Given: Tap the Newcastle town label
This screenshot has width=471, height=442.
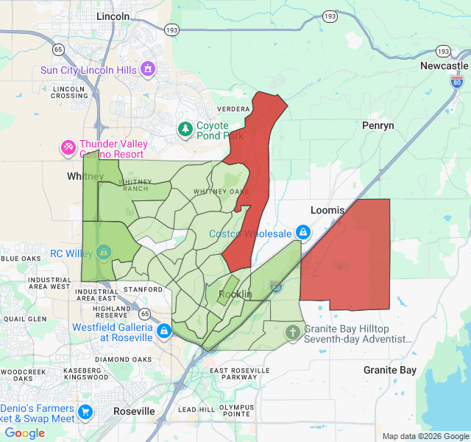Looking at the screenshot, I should click(444, 66).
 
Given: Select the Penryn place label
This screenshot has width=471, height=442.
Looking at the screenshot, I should click(378, 125).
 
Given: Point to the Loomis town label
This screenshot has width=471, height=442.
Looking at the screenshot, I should click(327, 210).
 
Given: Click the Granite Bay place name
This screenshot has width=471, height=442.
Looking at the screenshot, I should click(390, 370).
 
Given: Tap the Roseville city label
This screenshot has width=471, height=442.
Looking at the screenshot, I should click(134, 410).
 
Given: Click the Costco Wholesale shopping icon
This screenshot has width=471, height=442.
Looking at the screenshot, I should click(302, 233).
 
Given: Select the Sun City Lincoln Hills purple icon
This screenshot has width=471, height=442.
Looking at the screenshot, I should click(148, 69).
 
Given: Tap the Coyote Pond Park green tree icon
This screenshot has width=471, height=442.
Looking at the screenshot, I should click(185, 130).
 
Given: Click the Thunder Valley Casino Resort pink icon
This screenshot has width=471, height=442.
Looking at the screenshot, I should click(68, 149).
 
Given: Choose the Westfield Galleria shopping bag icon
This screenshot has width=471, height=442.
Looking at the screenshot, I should click(163, 333).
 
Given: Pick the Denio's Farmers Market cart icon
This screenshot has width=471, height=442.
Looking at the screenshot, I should click(86, 413).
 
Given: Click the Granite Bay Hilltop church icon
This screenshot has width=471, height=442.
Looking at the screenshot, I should click(293, 333).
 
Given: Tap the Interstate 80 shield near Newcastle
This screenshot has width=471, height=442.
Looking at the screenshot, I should click(457, 81).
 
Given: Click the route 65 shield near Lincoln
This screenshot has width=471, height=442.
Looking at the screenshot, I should click(58, 49).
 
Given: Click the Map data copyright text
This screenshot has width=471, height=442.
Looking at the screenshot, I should click(424, 436).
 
